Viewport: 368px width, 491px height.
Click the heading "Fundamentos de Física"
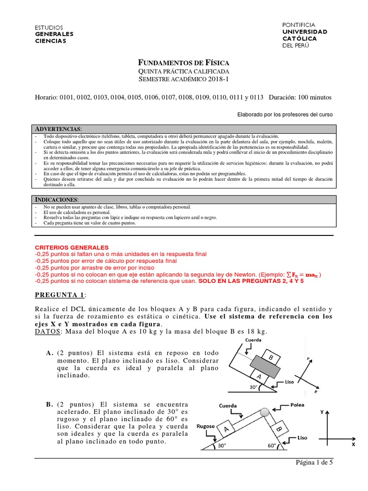[184, 63]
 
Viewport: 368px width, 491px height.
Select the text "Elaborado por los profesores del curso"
[285, 115]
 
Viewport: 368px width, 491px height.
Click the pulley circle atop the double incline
[264, 412]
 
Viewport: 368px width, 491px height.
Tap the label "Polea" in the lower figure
[297, 405]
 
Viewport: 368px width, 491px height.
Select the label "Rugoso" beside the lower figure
[205, 422]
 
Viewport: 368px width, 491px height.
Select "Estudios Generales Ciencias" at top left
[55, 35]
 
